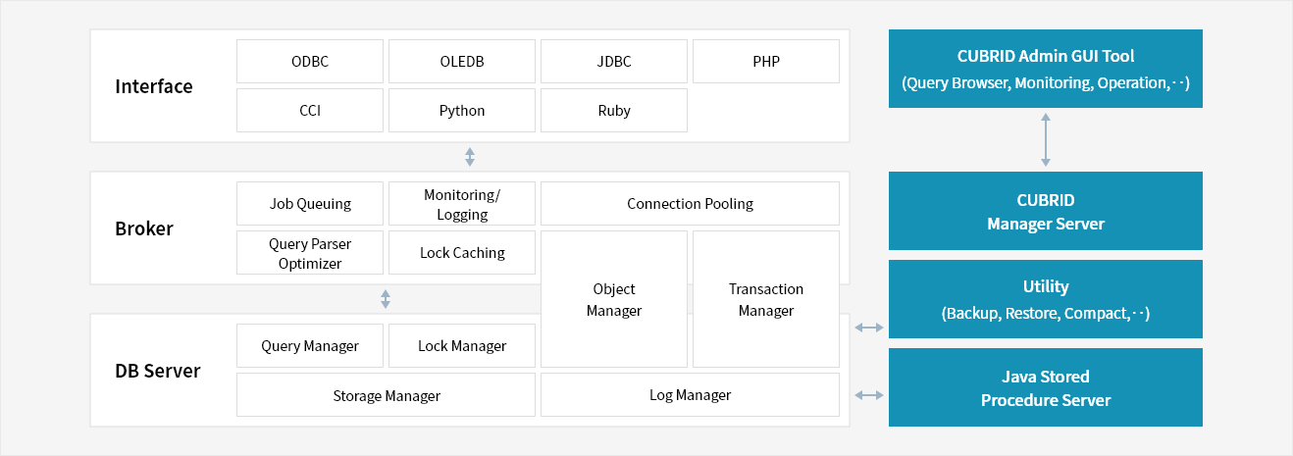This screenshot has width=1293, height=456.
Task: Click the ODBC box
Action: [310, 61]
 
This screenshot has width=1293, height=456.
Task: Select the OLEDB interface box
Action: [462, 61]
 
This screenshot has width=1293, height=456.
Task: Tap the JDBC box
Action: [614, 61]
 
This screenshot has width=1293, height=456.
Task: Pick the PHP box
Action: [766, 61]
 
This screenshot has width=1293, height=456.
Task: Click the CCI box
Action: [310, 110]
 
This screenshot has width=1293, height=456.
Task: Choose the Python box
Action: [462, 110]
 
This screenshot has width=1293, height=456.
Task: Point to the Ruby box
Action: [614, 110]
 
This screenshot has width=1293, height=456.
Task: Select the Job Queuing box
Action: [310, 204]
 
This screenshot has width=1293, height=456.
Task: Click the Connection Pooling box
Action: [691, 204]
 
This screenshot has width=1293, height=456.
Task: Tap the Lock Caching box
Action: [462, 253]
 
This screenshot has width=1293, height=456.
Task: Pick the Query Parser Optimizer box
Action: [310, 253]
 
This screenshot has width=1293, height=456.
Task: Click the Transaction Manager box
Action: [766, 299]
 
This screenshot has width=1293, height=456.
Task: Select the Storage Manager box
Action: [387, 395]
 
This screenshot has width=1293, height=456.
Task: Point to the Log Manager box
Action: [691, 395]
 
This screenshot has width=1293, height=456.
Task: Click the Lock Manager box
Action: [462, 346]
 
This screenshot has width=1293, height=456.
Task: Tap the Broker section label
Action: [144, 228]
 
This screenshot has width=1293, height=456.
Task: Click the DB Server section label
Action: [158, 371]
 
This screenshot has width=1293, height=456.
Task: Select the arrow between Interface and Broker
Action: [470, 157]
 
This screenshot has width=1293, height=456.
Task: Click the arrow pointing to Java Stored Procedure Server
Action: [869, 395]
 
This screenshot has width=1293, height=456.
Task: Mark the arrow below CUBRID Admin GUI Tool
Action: [1046, 139]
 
